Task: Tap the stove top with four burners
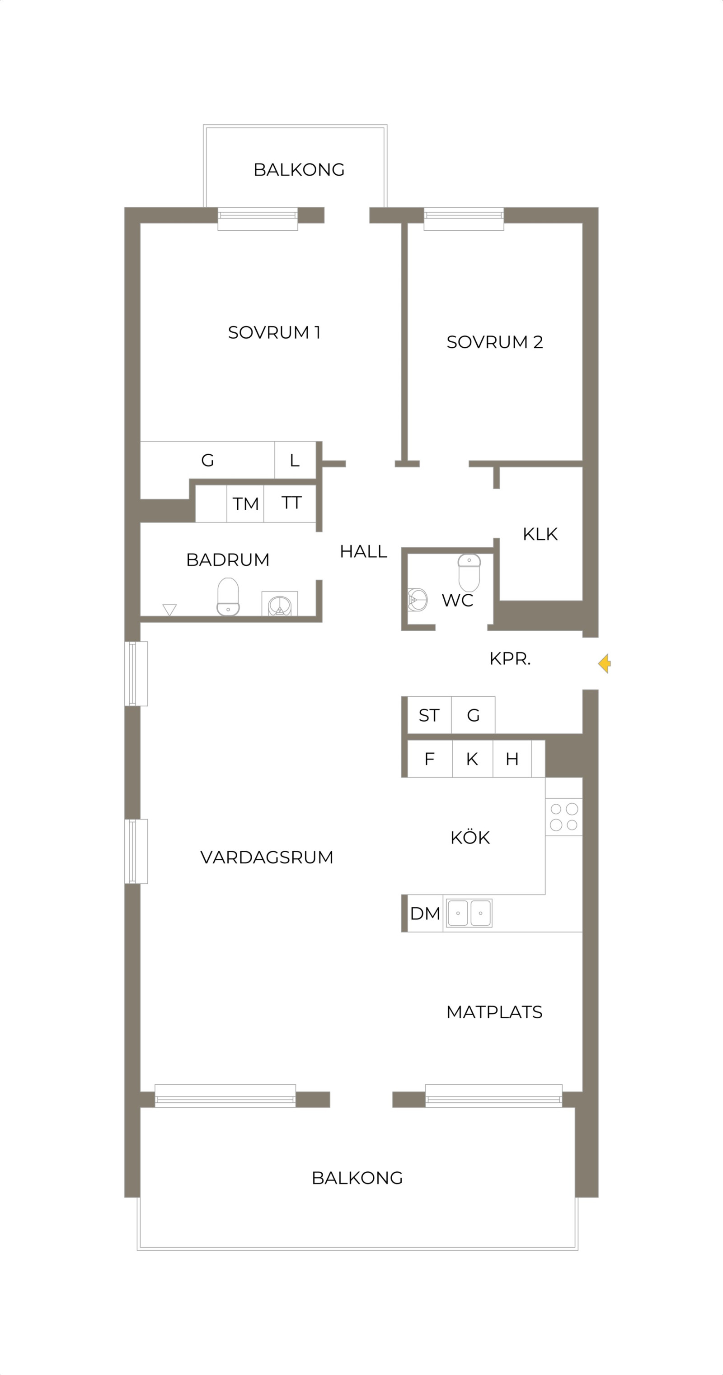564,817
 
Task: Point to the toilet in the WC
469,573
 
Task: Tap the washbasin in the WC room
418,600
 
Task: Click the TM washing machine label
246,504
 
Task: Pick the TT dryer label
291,503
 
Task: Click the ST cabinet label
429,715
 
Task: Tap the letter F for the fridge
429,759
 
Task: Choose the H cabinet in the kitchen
512,759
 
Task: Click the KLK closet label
540,534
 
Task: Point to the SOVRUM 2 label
494,342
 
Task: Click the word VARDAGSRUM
267,857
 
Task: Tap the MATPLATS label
494,1012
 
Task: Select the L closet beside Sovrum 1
295,460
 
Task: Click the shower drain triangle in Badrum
169,610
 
